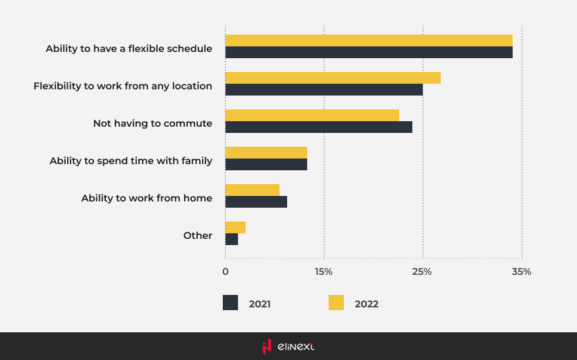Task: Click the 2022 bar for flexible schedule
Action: click(369, 40)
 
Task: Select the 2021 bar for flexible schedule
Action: click(369, 53)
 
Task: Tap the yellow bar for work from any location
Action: click(333, 78)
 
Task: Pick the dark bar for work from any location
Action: click(324, 90)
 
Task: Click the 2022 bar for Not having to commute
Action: click(312, 115)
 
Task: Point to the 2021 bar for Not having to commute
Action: click(318, 127)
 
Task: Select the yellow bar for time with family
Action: click(266, 152)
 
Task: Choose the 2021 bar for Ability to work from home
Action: click(256, 202)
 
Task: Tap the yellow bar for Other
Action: click(235, 227)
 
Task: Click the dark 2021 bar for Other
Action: click(232, 240)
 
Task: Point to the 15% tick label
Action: click(324, 271)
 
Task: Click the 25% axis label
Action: click(422, 271)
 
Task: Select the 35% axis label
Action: click(521, 271)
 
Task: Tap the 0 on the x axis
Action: click(226, 271)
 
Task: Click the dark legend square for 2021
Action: click(230, 303)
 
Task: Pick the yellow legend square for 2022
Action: click(336, 303)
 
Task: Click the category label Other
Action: click(198, 235)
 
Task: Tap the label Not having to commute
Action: click(153, 123)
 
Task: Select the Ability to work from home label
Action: click(147, 198)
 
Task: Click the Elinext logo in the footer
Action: click(288, 346)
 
